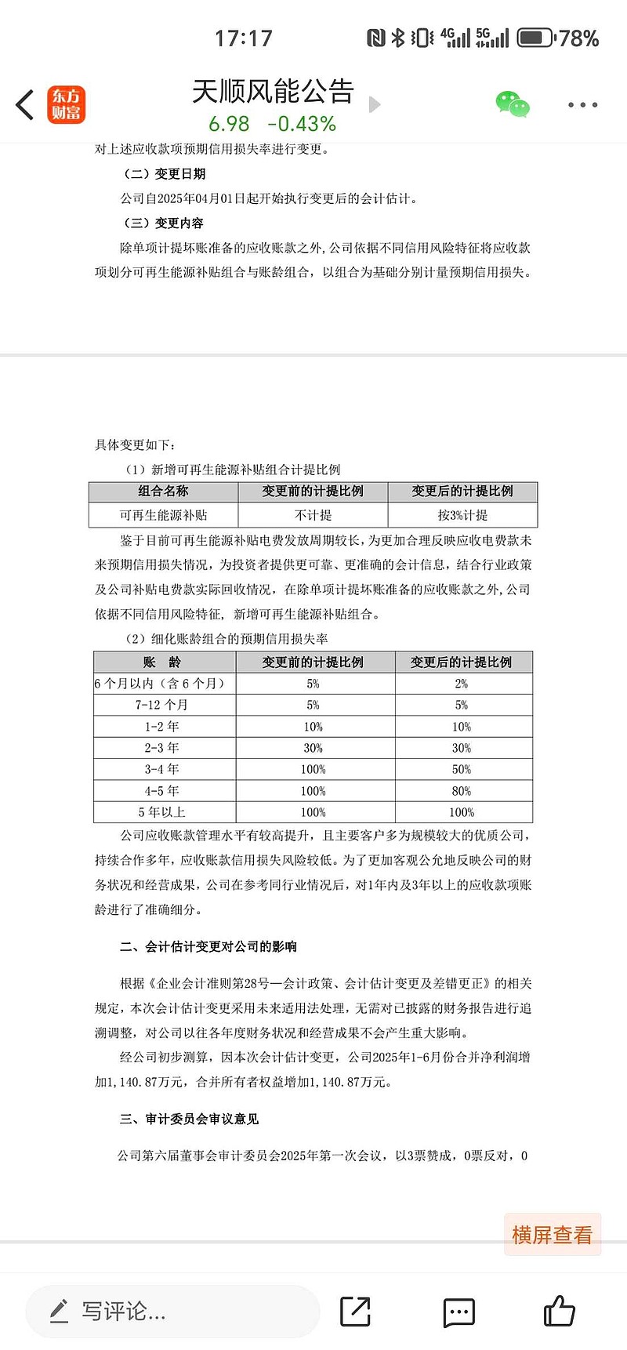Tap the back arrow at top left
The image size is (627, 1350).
25,105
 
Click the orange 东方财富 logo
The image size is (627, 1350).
66,105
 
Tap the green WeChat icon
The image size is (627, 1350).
513,104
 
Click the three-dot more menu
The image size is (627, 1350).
582,105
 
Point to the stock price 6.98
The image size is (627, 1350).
229,124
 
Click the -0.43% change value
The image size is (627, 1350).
302,124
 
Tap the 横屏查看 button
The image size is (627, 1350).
552,1235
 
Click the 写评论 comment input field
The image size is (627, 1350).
172,1311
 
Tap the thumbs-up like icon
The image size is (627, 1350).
559,1311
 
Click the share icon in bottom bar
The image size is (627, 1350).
355,1311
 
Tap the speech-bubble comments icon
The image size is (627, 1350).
458,1311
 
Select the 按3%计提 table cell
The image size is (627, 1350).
462,515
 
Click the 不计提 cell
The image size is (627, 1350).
313,515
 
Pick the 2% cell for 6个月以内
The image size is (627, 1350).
462,684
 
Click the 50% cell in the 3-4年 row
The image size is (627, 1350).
462,769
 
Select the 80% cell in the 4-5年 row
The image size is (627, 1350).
462,791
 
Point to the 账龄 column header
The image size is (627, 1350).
162,662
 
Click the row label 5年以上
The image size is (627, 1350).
162,812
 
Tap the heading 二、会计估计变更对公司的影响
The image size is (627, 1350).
208,946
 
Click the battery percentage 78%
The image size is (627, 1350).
579,38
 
